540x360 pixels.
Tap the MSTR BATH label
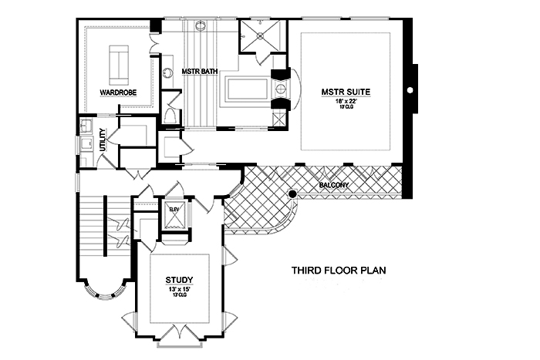[199, 72]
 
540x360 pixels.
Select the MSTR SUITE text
[346, 92]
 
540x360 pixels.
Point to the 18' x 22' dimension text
[346, 101]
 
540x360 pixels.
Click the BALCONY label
[333, 186]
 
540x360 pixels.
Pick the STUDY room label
[179, 279]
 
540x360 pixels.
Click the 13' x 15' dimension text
[179, 289]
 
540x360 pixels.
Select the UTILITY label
[102, 142]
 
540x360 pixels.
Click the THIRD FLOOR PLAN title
[338, 271]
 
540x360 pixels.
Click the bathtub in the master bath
[245, 93]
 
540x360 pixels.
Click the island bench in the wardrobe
[119, 64]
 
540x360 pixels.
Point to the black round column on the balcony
[293, 193]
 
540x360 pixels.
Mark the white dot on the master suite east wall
[410, 89]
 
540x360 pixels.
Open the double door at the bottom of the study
[180, 332]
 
